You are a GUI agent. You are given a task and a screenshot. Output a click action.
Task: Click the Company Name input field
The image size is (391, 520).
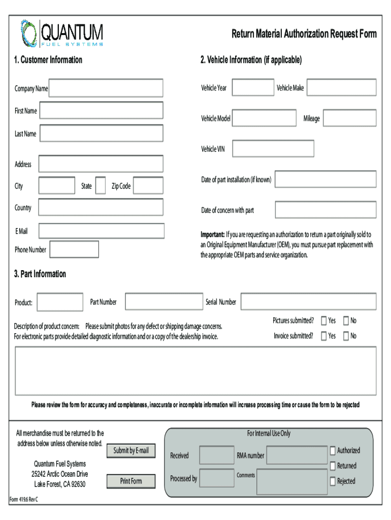(x=106, y=88)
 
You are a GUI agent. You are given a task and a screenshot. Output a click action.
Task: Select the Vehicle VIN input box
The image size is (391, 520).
(x=273, y=148)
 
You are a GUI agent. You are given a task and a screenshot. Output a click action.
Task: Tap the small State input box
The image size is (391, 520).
(x=101, y=186)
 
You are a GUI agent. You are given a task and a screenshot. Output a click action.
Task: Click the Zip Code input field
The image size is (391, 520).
(x=148, y=186)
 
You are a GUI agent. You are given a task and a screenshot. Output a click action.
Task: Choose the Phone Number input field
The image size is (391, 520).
(x=74, y=249)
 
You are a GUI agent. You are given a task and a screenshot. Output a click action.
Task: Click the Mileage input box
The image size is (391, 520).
(x=349, y=118)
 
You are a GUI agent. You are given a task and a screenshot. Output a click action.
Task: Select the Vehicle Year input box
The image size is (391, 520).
(x=252, y=88)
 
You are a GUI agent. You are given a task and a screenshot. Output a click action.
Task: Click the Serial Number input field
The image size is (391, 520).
(x=308, y=302)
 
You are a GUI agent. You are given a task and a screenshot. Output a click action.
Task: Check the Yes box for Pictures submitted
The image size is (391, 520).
(x=324, y=321)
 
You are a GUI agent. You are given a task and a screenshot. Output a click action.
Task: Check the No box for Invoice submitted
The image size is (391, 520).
(x=346, y=336)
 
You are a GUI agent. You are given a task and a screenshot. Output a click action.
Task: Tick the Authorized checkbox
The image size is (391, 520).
(x=333, y=450)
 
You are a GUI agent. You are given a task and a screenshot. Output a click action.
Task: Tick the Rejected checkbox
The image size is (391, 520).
(x=333, y=481)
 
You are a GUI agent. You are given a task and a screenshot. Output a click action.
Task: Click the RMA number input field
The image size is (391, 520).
(x=297, y=456)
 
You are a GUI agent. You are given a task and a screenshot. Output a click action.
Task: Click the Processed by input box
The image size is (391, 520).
(x=217, y=478)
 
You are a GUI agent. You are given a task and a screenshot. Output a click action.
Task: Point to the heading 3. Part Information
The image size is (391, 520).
(x=40, y=274)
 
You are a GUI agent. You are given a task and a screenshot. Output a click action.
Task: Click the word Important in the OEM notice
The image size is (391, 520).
(x=213, y=235)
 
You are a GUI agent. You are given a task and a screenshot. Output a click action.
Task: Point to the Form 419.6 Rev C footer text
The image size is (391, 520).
(x=24, y=499)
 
